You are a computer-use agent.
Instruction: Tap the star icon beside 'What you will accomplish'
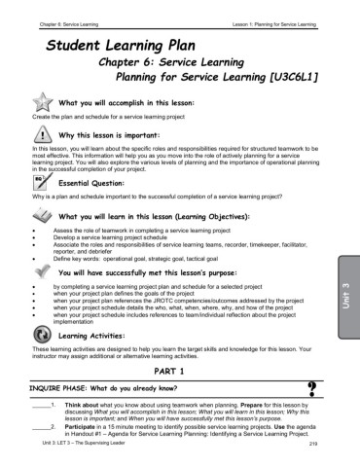coord(43,101)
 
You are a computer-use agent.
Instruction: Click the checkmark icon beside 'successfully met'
coord(43,274)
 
